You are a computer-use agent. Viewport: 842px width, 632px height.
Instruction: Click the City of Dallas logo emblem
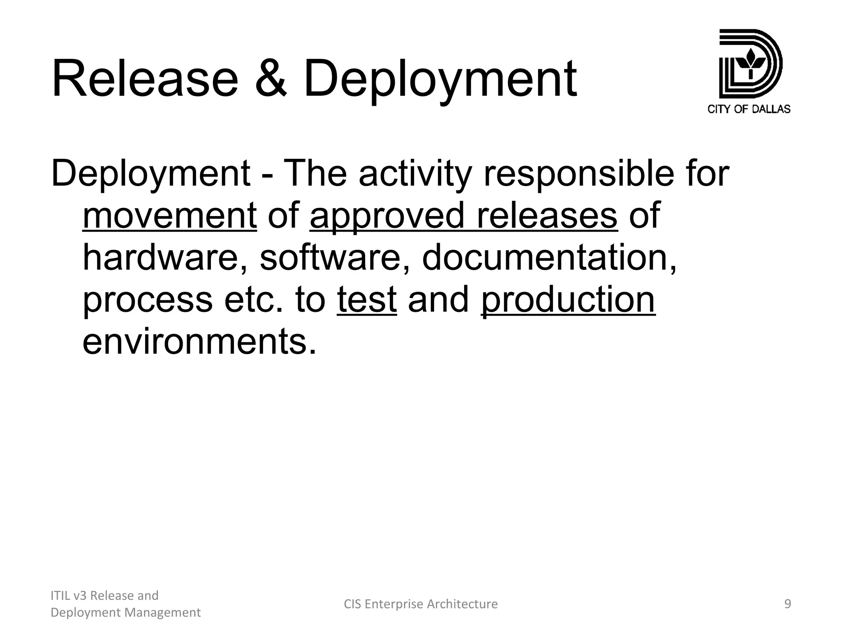(750, 64)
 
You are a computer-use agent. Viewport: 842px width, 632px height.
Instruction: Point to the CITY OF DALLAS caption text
(749, 109)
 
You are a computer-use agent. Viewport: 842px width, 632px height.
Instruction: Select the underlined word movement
(170, 216)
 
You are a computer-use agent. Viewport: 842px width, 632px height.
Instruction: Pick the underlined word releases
(546, 216)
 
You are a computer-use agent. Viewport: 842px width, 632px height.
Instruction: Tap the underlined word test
(367, 300)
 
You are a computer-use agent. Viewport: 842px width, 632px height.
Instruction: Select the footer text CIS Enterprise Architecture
(421, 604)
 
